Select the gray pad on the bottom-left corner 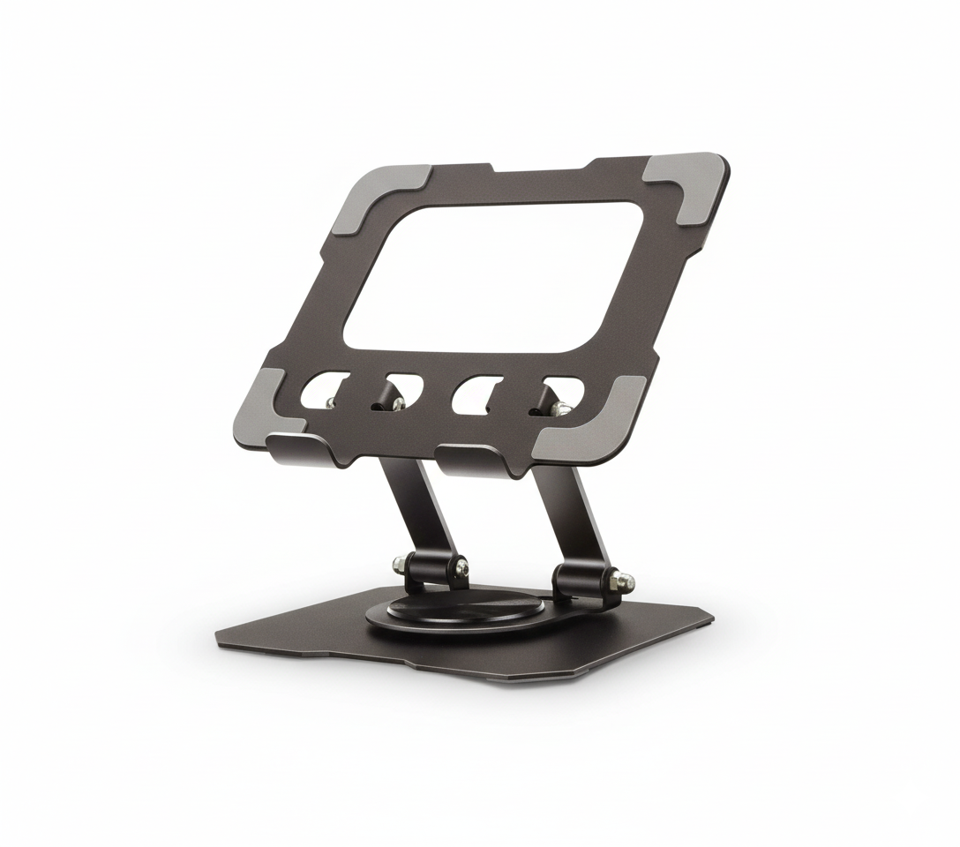266,407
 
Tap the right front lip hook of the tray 472,458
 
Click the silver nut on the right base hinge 625,581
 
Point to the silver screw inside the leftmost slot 329,402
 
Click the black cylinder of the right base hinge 579,579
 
